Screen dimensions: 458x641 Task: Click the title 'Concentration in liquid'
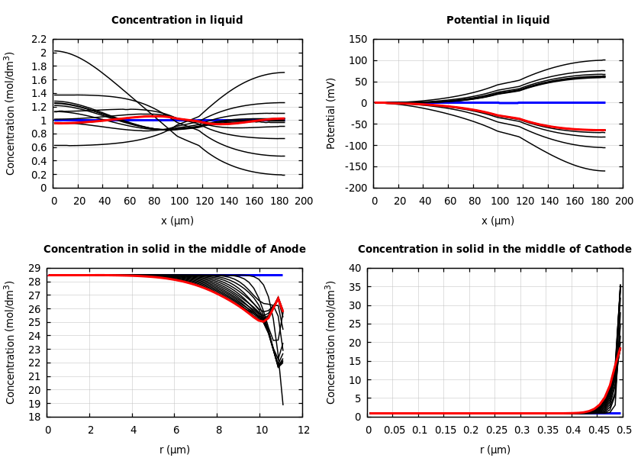point(177,21)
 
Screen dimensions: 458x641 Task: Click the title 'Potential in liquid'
point(498,21)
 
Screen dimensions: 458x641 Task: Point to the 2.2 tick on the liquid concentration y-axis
point(39,39)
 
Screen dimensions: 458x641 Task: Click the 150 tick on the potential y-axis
point(357,39)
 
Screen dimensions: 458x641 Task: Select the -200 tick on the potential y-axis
point(354,188)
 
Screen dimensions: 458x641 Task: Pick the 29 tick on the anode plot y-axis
point(34,268)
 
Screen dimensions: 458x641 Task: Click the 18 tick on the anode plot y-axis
point(34,417)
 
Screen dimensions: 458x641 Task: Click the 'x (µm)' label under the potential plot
point(498,221)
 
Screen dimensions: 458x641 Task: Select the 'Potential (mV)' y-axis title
point(331,113)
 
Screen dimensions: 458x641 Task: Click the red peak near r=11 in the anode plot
point(278,299)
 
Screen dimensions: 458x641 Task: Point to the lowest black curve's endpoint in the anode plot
point(282,405)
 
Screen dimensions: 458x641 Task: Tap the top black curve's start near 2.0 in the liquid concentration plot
point(55,51)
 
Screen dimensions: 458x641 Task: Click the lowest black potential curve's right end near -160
point(604,171)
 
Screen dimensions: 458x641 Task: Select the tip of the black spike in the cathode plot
point(620,285)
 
